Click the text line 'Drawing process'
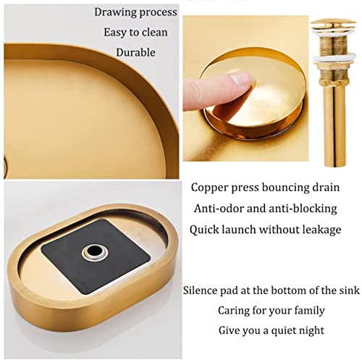point(135,12)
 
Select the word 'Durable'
point(135,52)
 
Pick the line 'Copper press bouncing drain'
point(265,188)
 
